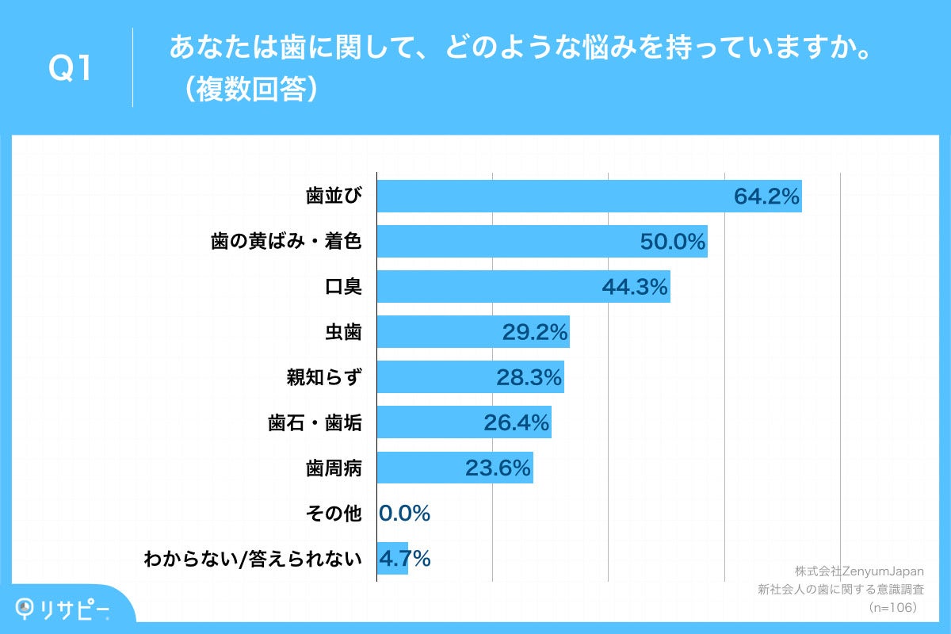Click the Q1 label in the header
tap(71, 70)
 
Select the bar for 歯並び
tap(555, 197)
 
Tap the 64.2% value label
tap(766, 197)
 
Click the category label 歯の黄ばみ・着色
tap(286, 242)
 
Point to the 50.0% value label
tap(673, 242)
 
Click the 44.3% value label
tap(635, 287)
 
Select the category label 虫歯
tap(343, 332)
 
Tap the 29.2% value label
tap(535, 332)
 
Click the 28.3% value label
tap(529, 377)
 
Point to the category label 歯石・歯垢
tap(315, 423)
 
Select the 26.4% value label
tap(517, 423)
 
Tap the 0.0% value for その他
tap(404, 514)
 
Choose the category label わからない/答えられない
tap(253, 559)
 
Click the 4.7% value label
tap(404, 559)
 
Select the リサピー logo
tap(63, 608)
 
